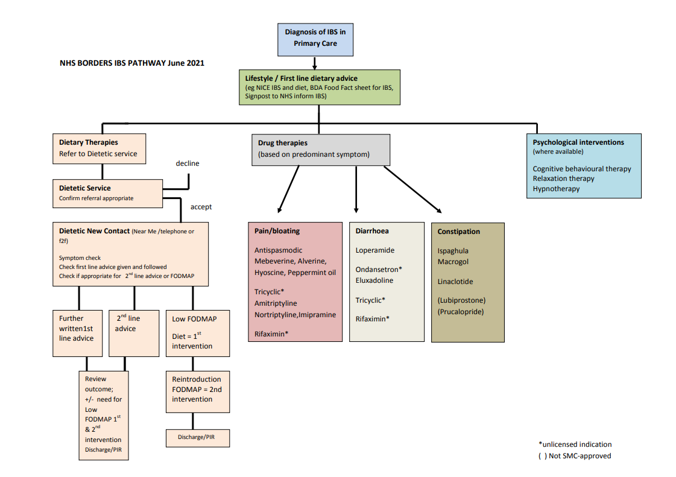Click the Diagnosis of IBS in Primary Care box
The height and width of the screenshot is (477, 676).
coord(315,37)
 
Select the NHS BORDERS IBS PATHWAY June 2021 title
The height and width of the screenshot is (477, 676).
coord(132,63)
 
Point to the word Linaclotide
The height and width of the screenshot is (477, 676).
coord(455,282)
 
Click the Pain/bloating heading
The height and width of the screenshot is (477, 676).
coord(277,231)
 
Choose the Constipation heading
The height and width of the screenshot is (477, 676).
coord(459,232)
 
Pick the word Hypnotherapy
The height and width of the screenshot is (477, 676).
coord(556,189)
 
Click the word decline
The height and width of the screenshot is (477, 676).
coord(187,163)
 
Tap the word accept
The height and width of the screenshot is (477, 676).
coord(201,207)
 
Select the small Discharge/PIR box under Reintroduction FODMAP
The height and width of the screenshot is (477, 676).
coord(198,437)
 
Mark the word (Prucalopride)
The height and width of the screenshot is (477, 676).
coord(461,312)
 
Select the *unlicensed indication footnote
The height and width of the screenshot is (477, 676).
coord(575,444)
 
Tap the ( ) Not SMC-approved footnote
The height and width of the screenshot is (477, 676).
coord(575,456)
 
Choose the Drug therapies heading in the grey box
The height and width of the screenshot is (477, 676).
coord(283,143)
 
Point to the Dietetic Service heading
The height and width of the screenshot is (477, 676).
coord(85,188)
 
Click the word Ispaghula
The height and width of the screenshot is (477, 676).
coord(453,251)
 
